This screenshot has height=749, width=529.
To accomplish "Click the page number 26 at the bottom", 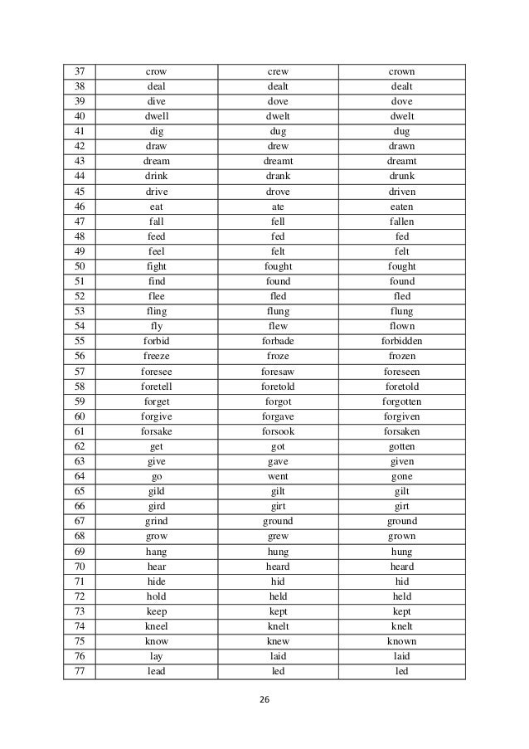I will click(x=264, y=700).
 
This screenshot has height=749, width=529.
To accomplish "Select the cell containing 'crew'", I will click(x=278, y=71).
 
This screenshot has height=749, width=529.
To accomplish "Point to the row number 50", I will click(x=80, y=266).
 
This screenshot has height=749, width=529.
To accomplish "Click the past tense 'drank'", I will click(x=278, y=177).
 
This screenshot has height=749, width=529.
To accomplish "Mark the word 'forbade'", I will click(x=278, y=341).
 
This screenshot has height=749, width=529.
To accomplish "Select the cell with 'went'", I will click(x=278, y=476).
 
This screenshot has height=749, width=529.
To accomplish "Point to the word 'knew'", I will click(x=278, y=641).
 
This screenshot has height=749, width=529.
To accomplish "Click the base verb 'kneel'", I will click(x=156, y=626).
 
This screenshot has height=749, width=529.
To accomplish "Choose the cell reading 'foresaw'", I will click(x=278, y=372).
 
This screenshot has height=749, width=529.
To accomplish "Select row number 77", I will click(x=80, y=671).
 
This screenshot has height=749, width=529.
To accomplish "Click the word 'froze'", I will click(x=278, y=357).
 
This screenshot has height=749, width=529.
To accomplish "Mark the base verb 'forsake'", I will click(x=156, y=431).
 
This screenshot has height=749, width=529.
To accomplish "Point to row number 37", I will click(x=80, y=71).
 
